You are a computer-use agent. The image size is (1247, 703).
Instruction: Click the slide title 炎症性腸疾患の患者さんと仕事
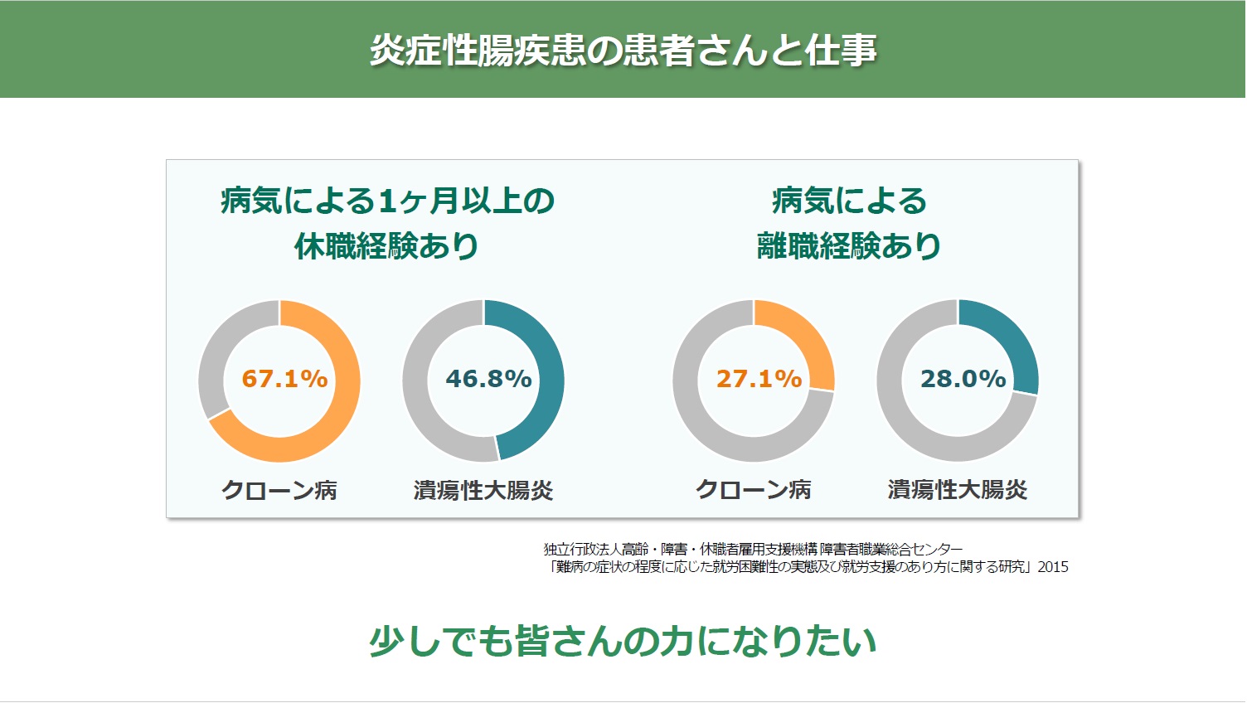[x=623, y=50]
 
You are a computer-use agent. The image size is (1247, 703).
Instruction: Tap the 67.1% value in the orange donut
[x=284, y=379]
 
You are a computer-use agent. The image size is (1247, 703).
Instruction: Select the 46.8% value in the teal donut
[x=489, y=379]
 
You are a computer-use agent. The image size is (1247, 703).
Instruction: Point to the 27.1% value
[x=759, y=379]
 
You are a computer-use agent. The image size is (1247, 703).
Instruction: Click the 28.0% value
[x=963, y=379]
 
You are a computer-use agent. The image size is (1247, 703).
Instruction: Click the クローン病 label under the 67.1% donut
[x=279, y=491]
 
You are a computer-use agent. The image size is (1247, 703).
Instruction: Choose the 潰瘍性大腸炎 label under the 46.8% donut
[x=483, y=491]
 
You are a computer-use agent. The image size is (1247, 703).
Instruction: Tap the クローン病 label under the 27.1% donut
[x=753, y=490]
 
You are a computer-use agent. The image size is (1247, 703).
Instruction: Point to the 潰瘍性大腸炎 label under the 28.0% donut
[x=958, y=490]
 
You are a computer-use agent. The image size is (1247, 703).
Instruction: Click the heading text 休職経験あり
[x=386, y=246]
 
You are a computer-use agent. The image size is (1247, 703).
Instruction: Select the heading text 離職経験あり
[x=848, y=246]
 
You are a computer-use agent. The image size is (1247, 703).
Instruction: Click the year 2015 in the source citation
[x=1053, y=567]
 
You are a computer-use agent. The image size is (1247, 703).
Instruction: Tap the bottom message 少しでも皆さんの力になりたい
[x=623, y=641]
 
